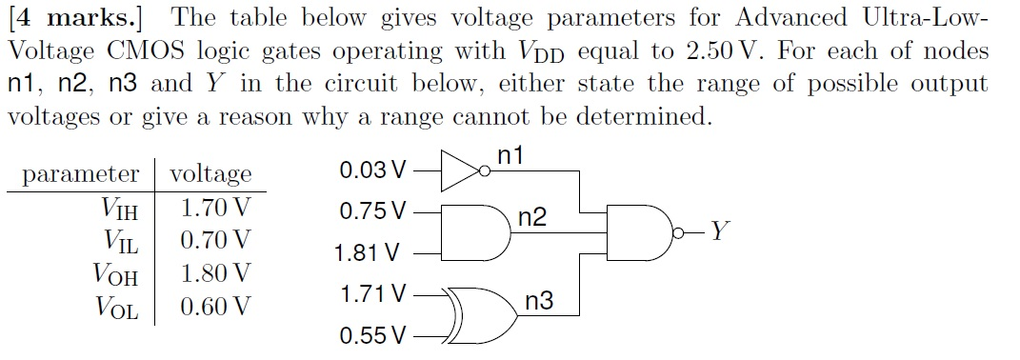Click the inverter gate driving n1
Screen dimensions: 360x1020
[x=464, y=171]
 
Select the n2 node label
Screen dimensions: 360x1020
[x=532, y=218]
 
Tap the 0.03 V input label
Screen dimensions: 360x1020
[x=372, y=171]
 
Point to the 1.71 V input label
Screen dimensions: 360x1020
[x=372, y=294]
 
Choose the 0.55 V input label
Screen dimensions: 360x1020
[x=372, y=336]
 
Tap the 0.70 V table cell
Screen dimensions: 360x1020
[x=215, y=239]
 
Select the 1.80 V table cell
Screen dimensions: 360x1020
[x=215, y=273]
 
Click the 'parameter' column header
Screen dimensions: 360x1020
[x=80, y=174]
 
